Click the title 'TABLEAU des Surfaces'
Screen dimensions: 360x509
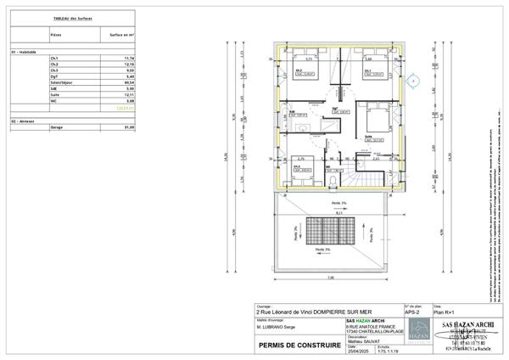72,17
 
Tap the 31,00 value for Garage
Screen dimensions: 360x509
130,127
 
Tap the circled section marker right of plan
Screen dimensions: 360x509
413,82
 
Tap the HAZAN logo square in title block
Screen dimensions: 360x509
414,338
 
